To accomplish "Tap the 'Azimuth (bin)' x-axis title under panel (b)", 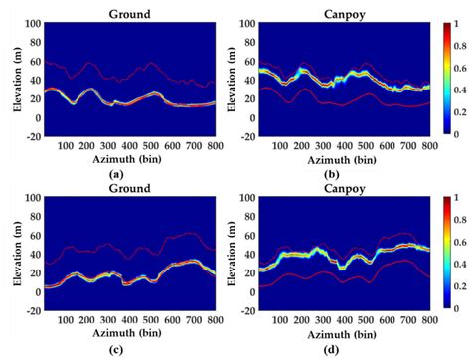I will tap(338, 158).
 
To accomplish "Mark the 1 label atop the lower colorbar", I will tap(451, 197).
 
